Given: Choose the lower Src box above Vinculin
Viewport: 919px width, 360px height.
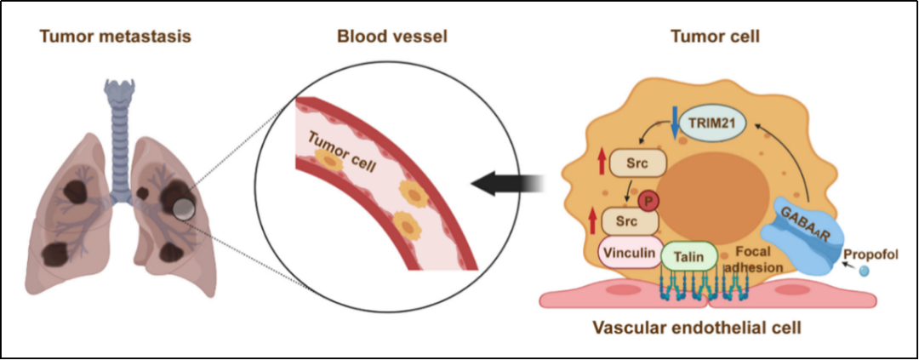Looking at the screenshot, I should pyautogui.click(x=630, y=223).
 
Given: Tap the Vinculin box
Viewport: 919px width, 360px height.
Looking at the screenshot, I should pyautogui.click(x=631, y=253).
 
